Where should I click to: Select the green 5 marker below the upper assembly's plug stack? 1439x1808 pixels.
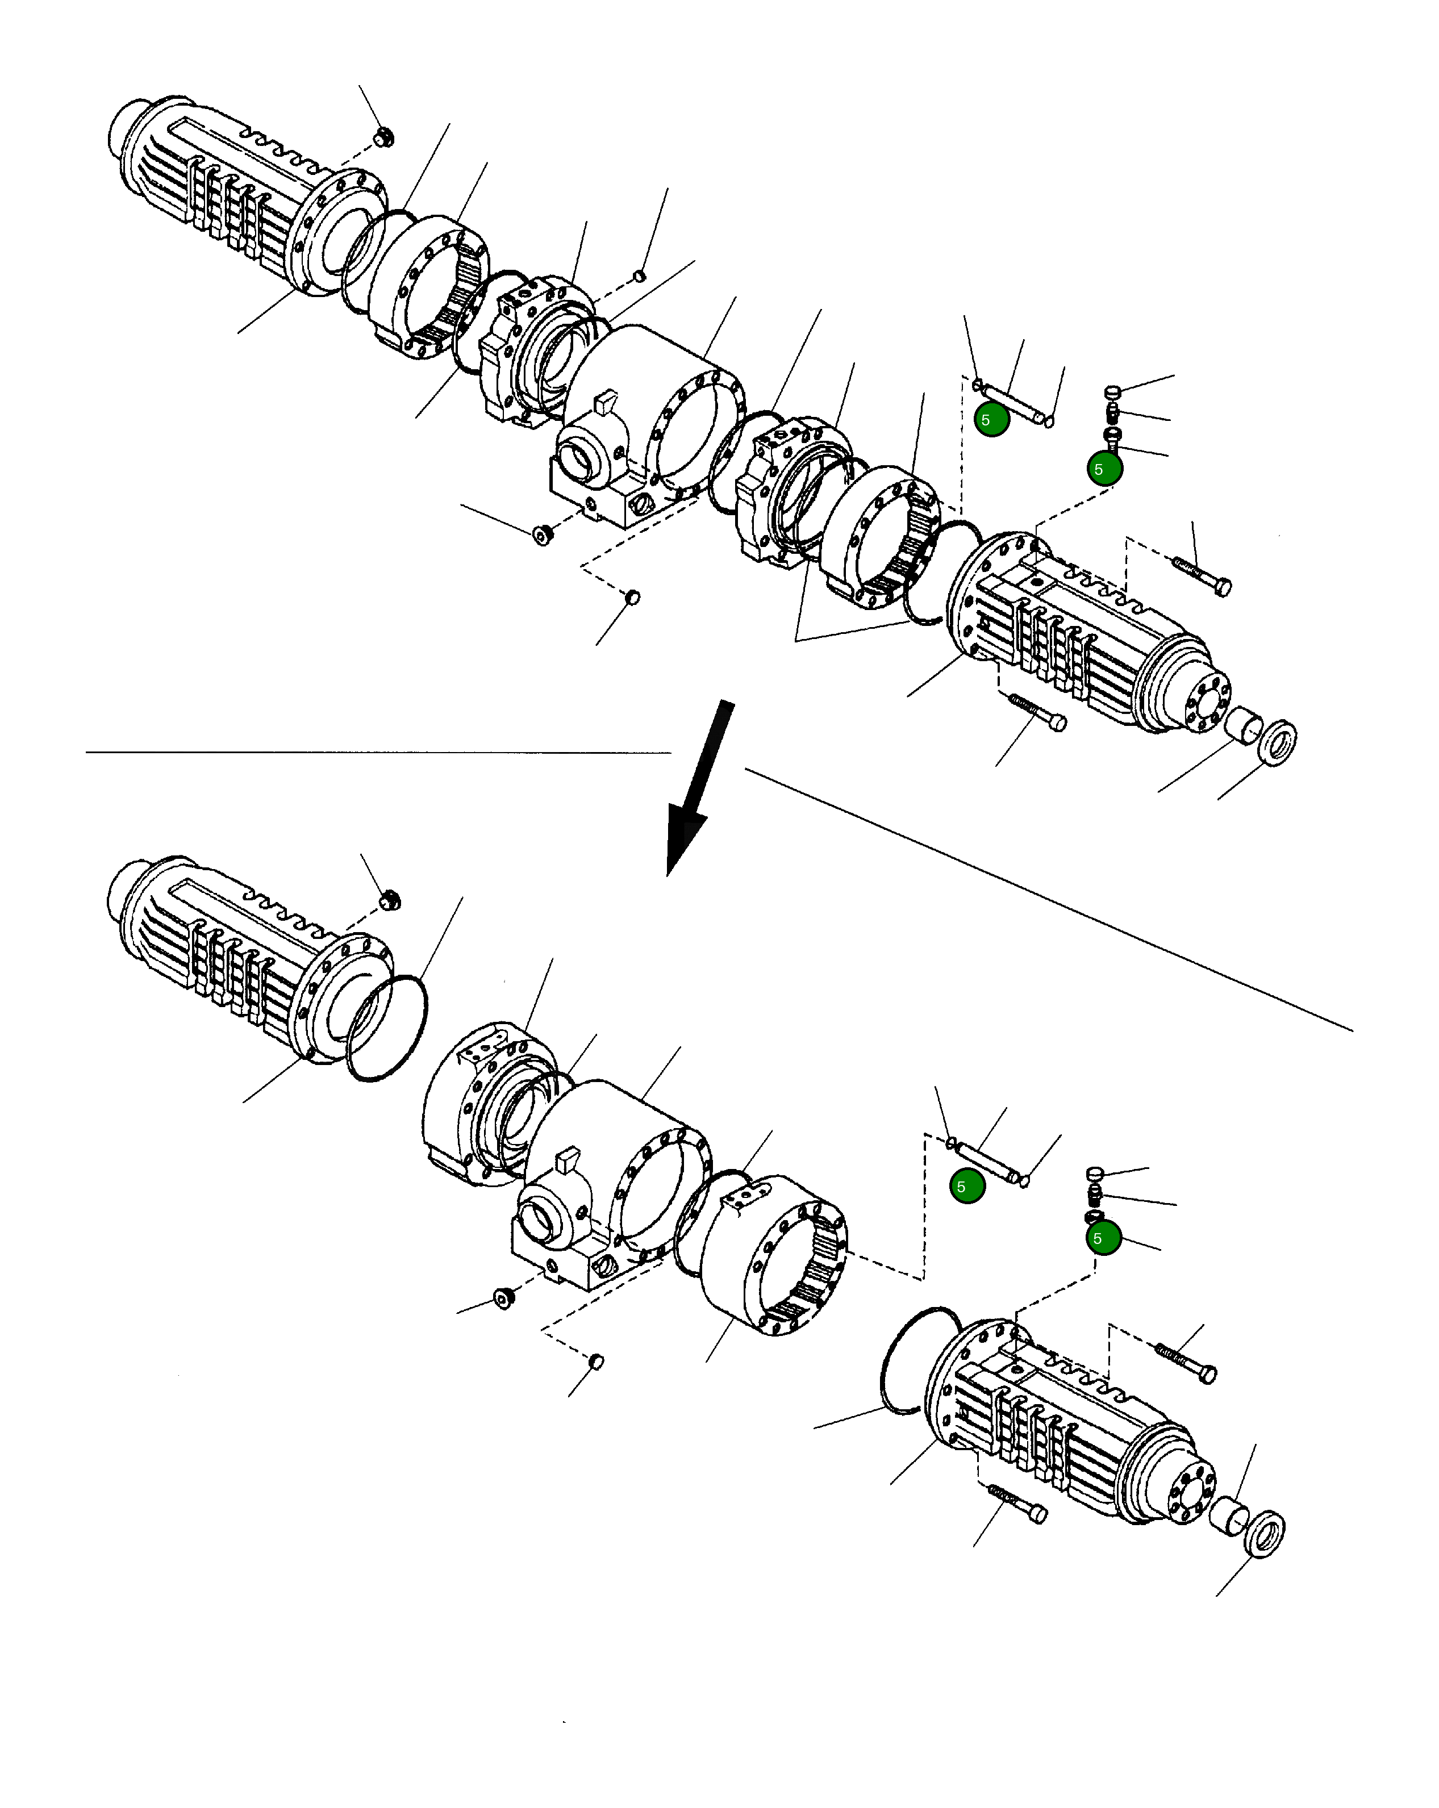point(1104,469)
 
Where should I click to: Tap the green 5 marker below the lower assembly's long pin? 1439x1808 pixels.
point(967,1186)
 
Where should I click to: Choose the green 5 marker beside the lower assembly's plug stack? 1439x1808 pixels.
point(1103,1238)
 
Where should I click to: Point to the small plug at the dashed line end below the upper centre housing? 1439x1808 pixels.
point(633,597)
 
